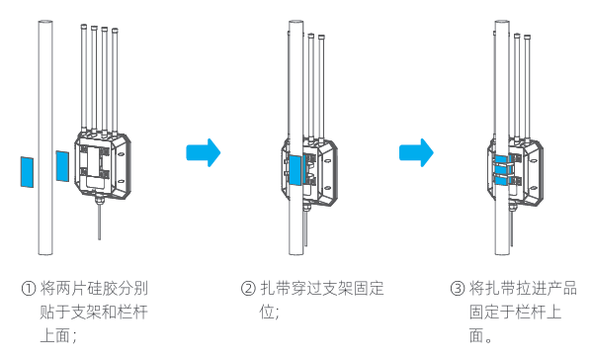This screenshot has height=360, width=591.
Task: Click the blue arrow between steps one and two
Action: tap(204, 152)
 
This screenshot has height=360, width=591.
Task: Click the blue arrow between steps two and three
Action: tap(416, 152)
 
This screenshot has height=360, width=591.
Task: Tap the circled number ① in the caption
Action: tap(29, 289)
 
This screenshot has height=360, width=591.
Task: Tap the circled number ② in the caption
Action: tap(248, 289)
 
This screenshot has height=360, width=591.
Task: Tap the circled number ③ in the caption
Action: tap(458, 289)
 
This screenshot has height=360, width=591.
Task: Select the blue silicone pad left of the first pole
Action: tap(27, 172)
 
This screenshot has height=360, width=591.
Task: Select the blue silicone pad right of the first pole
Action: tap(62, 166)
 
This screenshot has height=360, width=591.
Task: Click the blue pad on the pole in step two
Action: tap(295, 170)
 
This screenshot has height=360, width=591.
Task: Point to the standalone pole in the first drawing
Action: tap(45, 137)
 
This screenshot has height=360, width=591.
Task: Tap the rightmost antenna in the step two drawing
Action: tap(321, 88)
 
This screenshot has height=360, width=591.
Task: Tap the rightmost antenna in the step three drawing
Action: tap(528, 88)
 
